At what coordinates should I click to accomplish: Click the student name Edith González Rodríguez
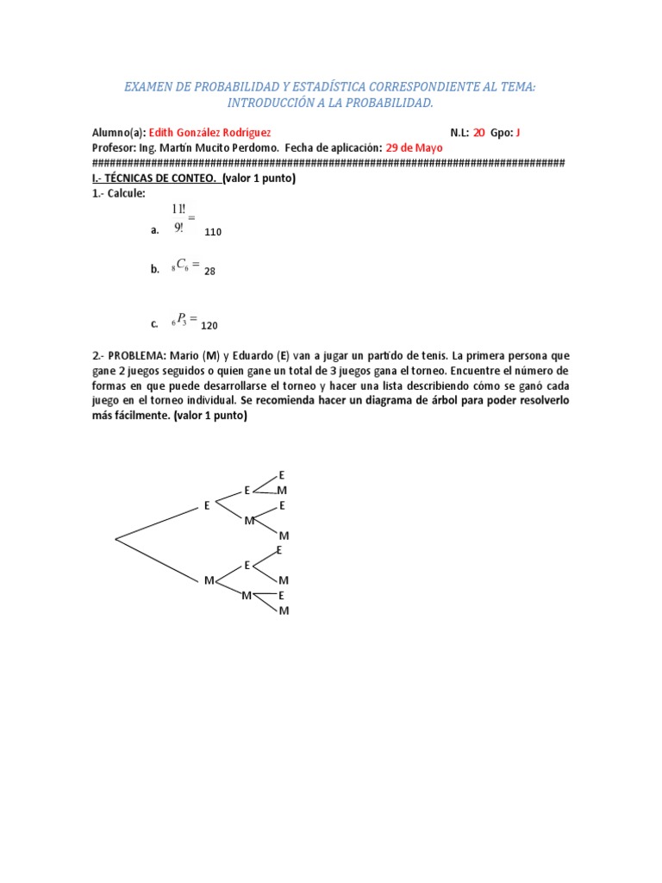click(x=210, y=133)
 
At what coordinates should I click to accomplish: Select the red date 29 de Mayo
click(x=415, y=147)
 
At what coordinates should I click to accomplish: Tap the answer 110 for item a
click(x=213, y=232)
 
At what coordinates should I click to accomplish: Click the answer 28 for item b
click(x=209, y=271)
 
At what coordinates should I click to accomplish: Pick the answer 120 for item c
click(x=209, y=326)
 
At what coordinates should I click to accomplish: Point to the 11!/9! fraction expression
click(x=181, y=218)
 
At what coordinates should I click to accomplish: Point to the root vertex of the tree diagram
click(x=116, y=540)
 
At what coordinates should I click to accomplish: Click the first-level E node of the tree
click(x=207, y=506)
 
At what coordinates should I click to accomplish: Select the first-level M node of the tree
click(x=209, y=580)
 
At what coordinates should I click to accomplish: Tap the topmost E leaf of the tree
click(x=281, y=475)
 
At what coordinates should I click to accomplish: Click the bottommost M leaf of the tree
click(x=284, y=611)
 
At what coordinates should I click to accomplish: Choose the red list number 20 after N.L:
click(x=479, y=133)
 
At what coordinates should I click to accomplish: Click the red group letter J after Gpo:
click(x=518, y=133)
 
